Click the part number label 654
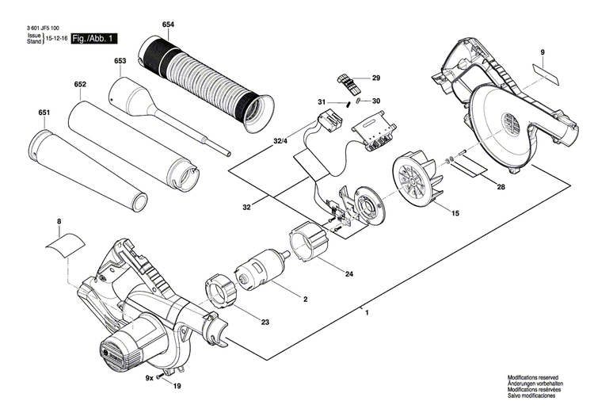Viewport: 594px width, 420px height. (167, 25)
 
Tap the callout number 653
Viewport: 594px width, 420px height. (120, 61)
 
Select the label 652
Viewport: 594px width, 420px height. (80, 85)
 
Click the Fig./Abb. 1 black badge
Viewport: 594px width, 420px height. (94, 38)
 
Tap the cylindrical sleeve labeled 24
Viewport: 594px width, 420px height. (309, 242)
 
